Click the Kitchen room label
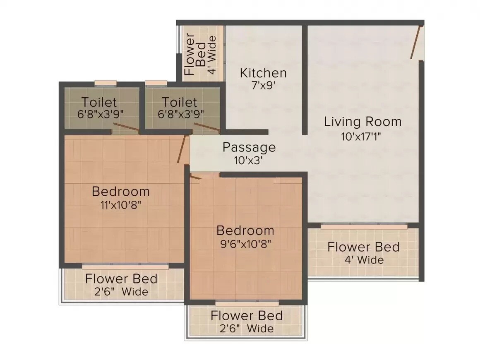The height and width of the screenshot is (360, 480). [x=263, y=73]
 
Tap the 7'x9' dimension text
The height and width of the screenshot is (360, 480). [x=263, y=86]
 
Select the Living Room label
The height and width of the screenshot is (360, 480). [x=362, y=122]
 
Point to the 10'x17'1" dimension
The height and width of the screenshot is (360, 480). [x=361, y=136]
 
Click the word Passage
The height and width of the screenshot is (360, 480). [x=249, y=147]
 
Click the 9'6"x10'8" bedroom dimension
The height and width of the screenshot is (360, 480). [x=245, y=244]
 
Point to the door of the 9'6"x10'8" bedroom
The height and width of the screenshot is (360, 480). [x=196, y=177]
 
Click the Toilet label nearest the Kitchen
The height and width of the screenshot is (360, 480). [x=179, y=102]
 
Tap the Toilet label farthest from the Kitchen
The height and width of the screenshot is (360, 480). [x=99, y=102]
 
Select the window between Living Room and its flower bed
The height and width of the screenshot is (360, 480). [x=364, y=226]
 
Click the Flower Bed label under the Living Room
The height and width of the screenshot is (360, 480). [x=363, y=247]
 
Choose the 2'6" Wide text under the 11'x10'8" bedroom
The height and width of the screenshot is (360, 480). [x=121, y=292]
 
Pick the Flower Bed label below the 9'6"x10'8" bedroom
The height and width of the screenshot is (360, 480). [x=247, y=316]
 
